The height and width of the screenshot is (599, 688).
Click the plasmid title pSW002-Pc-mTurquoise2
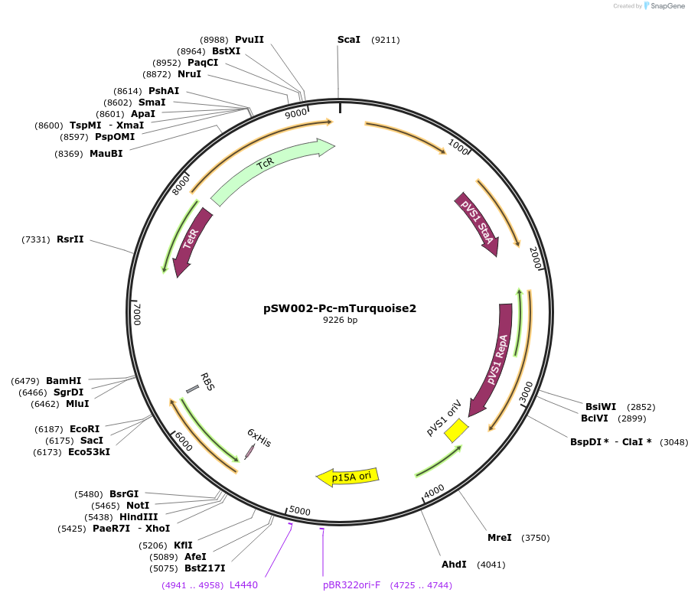tap(340, 308)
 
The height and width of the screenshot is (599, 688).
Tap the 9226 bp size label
tap(340, 321)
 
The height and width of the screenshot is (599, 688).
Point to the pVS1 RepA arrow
tap(494, 360)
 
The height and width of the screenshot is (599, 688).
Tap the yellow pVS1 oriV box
tap(457, 430)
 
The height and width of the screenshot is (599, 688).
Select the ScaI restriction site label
tap(349, 40)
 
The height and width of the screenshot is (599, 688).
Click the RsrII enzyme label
tap(70, 239)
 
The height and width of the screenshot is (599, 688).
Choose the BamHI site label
tap(64, 380)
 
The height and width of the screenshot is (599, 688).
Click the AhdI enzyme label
tap(454, 565)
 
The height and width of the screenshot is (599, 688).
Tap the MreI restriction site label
tap(500, 538)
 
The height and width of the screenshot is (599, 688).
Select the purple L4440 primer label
tap(243, 585)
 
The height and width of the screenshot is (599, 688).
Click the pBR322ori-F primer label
tap(352, 585)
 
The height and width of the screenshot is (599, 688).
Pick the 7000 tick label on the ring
tap(138, 314)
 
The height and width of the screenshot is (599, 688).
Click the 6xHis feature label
tap(259, 437)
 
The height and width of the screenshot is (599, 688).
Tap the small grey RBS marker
tap(192, 389)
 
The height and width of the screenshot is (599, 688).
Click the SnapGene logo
tap(662, 6)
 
